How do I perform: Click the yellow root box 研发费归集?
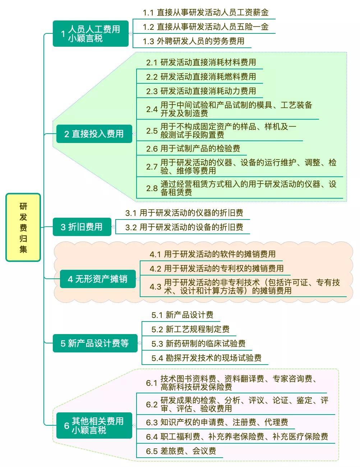23,227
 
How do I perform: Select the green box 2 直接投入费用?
94,134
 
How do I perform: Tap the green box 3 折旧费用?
82,227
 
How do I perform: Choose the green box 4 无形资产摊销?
98,279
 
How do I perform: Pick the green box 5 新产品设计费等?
95,343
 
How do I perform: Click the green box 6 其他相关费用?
94,426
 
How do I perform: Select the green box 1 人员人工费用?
91,33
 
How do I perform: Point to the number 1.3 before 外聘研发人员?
148,41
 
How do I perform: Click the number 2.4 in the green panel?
152,109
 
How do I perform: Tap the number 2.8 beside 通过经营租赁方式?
152,188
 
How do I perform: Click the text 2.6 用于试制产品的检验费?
193,148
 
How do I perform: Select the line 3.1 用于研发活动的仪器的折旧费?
184,213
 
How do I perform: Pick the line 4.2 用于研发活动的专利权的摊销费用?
217,268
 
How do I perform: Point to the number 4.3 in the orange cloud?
156,287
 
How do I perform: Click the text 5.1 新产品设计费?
182,315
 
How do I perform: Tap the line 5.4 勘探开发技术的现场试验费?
206,358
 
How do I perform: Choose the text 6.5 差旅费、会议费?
181,451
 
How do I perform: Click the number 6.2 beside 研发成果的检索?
152,404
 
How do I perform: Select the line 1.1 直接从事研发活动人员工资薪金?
206,13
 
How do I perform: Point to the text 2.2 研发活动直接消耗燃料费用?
201,77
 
